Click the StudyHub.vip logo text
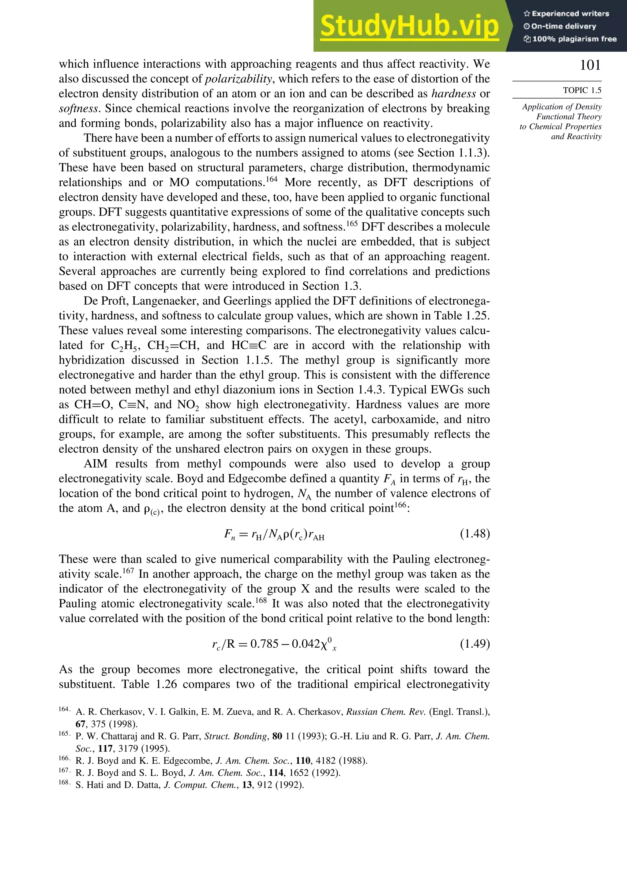coord(409,27)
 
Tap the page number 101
coord(590,65)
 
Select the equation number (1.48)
coord(475,533)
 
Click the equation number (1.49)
coord(475,643)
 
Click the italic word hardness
coord(453,94)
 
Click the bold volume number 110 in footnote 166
coord(303,761)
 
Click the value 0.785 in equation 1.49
coord(264,643)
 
